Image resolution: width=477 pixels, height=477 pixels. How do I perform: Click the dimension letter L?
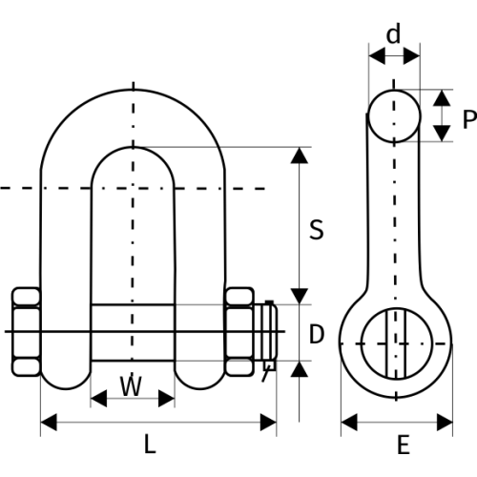(x=150, y=444)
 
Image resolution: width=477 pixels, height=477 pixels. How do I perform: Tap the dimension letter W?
(x=131, y=385)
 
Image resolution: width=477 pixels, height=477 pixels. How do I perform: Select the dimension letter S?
(x=317, y=229)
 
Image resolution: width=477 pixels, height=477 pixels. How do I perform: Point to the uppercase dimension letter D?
(x=317, y=334)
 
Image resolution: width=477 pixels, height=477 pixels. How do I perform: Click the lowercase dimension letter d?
(x=393, y=34)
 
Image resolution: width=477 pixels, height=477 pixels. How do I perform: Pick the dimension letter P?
(x=469, y=119)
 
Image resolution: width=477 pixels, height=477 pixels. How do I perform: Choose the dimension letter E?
(x=404, y=445)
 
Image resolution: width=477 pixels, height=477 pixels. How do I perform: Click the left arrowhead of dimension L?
(x=49, y=423)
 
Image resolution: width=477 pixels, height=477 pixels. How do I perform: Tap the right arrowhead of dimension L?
(x=268, y=423)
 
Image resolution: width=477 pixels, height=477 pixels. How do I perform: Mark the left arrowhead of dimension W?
(x=98, y=398)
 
